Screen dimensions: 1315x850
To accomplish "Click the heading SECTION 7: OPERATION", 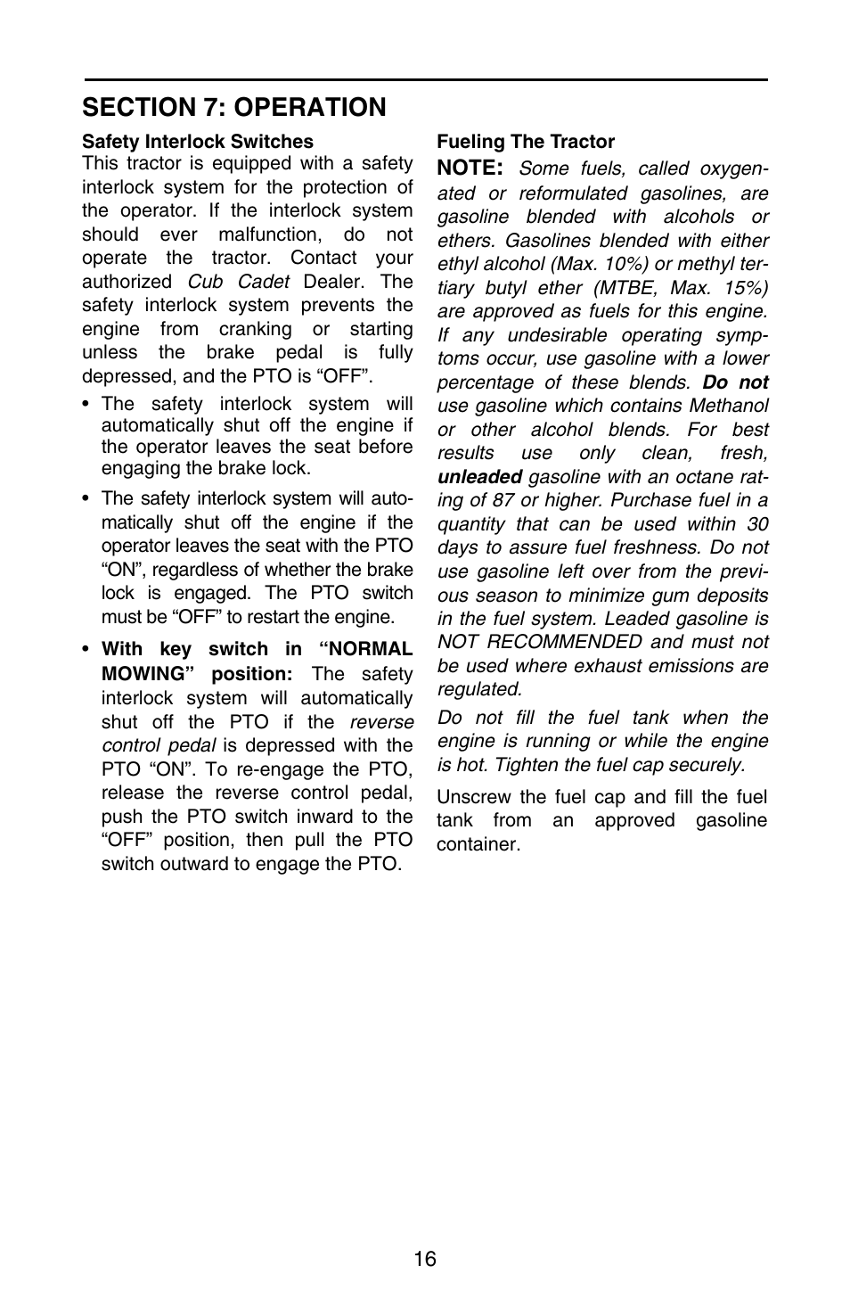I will (x=233, y=107).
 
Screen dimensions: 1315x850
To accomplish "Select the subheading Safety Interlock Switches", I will (x=198, y=142).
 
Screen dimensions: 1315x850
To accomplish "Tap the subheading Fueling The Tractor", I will (x=525, y=142).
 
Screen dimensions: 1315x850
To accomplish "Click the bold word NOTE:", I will (x=470, y=168).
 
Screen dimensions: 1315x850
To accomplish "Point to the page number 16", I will (x=425, y=1259).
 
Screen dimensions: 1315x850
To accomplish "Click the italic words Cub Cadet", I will (x=238, y=282).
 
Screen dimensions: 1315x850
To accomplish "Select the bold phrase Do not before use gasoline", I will (x=735, y=382).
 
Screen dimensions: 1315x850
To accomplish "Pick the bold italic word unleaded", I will (x=479, y=477).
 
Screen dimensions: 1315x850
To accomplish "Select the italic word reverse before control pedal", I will (x=381, y=722).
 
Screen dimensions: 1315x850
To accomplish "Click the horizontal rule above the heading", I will (x=425, y=80).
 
